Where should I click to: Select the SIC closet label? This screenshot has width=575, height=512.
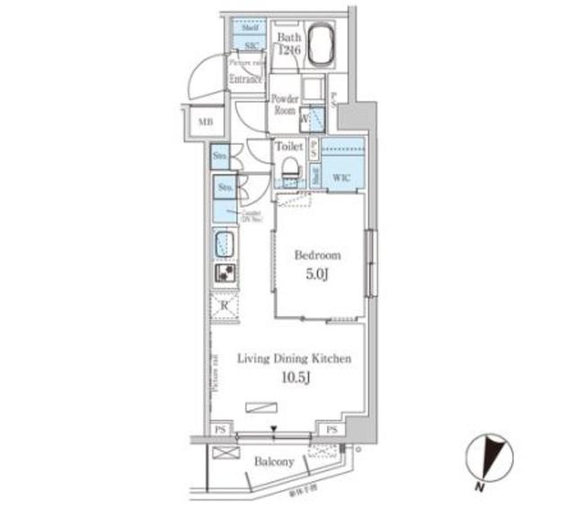pyautogui.click(x=243, y=44)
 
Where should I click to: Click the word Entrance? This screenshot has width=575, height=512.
pyautogui.click(x=245, y=80)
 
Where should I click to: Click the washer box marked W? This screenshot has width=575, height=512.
pyautogui.click(x=305, y=117)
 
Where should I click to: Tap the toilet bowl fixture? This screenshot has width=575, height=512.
pyautogui.click(x=289, y=169)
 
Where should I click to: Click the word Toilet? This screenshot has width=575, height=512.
pyautogui.click(x=288, y=146)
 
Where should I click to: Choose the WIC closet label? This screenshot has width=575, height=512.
pyautogui.click(x=342, y=176)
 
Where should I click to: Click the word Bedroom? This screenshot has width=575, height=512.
pyautogui.click(x=318, y=255)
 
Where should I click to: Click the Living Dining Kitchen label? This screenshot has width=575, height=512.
pyautogui.click(x=293, y=359)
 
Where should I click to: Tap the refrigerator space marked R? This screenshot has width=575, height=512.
pyautogui.click(x=225, y=307)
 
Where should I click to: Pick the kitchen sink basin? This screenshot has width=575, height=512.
pyautogui.click(x=225, y=244)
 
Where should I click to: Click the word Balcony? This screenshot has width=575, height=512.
pyautogui.click(x=273, y=462)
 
